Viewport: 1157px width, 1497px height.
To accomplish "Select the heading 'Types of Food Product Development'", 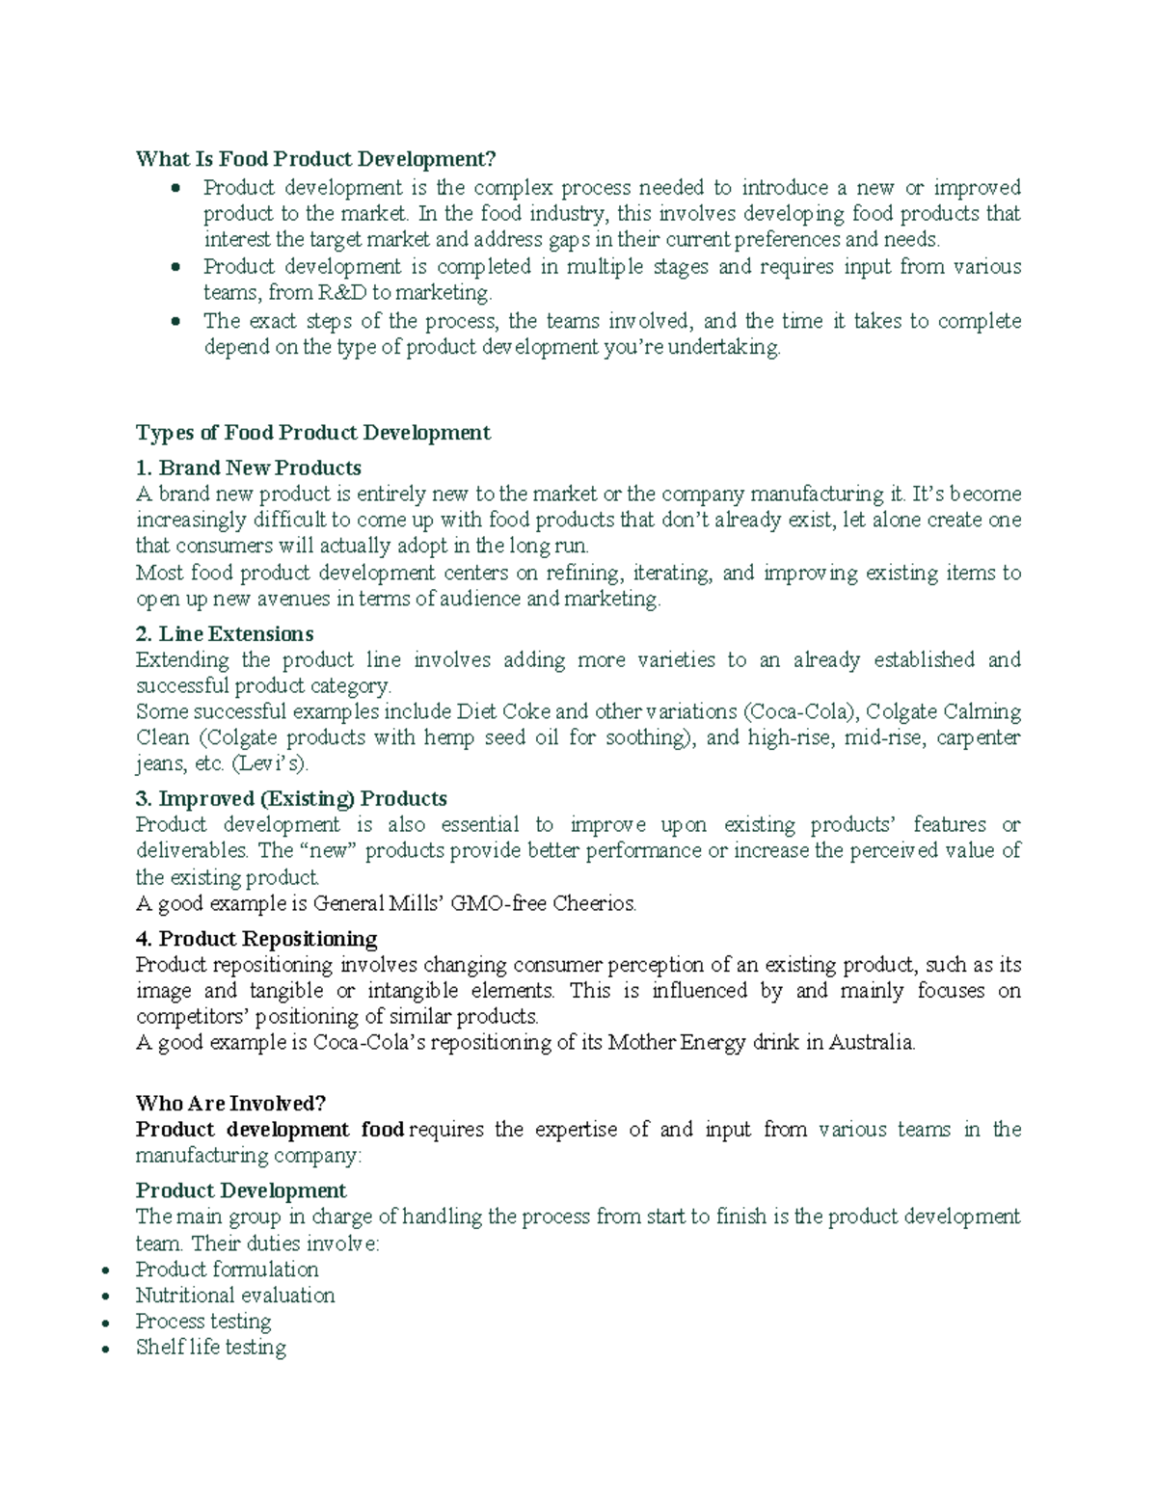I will (x=313, y=432).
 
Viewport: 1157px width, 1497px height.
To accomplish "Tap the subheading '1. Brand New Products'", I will (x=249, y=468).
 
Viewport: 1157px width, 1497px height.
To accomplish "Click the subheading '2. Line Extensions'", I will (x=225, y=633).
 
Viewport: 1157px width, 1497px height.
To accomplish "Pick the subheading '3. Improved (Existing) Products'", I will (x=291, y=798).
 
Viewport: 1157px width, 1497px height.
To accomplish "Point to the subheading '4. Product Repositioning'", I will (x=256, y=938).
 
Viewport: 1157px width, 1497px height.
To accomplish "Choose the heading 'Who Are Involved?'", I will (x=231, y=1103).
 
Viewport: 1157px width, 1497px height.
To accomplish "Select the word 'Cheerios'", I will (x=594, y=903).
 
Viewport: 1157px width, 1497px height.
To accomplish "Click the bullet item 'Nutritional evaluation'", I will (x=235, y=1295).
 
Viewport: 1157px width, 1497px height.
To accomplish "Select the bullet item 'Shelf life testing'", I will (x=211, y=1347).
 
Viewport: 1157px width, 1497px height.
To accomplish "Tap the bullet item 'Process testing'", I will (x=203, y=1321).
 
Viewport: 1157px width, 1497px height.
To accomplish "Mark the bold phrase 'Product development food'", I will (x=270, y=1129).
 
